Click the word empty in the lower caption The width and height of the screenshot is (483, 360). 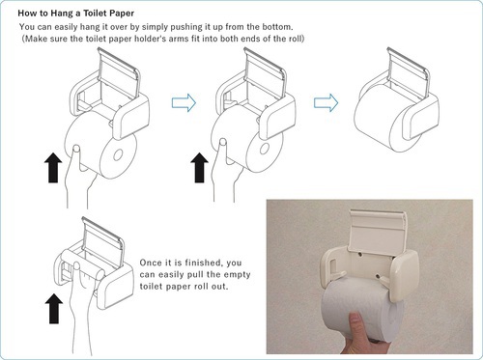[x=237, y=275]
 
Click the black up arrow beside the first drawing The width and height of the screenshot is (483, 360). [x=53, y=168]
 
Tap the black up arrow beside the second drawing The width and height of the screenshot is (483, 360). [x=199, y=168]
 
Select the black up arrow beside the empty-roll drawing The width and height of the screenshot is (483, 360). [x=54, y=309]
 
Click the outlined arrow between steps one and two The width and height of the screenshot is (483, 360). [x=184, y=103]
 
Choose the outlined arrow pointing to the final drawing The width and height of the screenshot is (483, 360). [x=326, y=103]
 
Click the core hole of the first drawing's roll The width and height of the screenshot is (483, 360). [x=118, y=155]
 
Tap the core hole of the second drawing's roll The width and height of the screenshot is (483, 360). [x=265, y=149]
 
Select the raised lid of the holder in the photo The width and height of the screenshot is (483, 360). [x=377, y=230]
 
